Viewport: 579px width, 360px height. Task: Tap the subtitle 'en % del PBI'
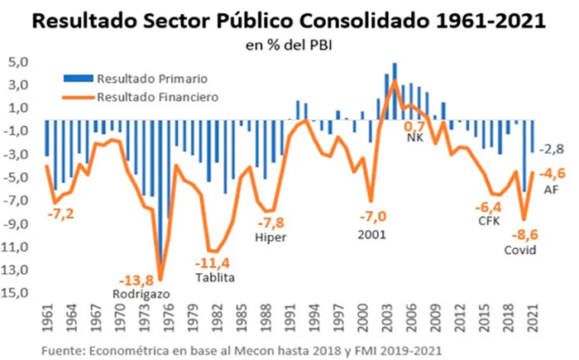click(289, 46)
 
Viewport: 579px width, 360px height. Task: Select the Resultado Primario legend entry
click(136, 79)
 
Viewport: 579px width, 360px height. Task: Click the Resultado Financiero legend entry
click(141, 97)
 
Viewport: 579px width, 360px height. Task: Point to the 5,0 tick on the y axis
click(18, 62)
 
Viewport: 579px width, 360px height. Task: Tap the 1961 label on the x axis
click(48, 319)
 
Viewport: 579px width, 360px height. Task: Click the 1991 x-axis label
click(290, 319)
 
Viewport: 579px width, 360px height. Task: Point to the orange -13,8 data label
click(136, 281)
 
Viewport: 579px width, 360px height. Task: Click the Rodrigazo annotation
click(141, 295)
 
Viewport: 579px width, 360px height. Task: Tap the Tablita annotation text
click(215, 277)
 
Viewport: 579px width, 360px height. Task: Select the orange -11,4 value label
click(213, 263)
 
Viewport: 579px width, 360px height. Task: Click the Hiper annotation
click(270, 238)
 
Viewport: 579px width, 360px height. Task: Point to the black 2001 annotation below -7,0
click(372, 234)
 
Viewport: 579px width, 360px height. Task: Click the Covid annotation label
click(520, 250)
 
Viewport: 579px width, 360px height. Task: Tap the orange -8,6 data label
click(524, 235)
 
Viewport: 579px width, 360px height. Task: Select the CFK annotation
click(489, 221)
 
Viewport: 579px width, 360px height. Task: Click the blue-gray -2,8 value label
click(552, 149)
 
